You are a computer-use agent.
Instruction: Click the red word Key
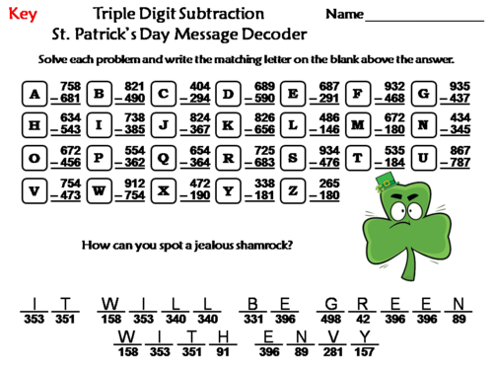tap(22, 16)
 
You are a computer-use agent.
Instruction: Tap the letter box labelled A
tap(35, 94)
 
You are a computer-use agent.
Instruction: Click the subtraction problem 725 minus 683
tap(264, 157)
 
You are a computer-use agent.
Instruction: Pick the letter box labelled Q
tap(164, 157)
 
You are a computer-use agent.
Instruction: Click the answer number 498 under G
tap(333, 319)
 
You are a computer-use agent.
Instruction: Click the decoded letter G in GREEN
tap(333, 304)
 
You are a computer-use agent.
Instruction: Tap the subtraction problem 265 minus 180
tap(329, 188)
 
